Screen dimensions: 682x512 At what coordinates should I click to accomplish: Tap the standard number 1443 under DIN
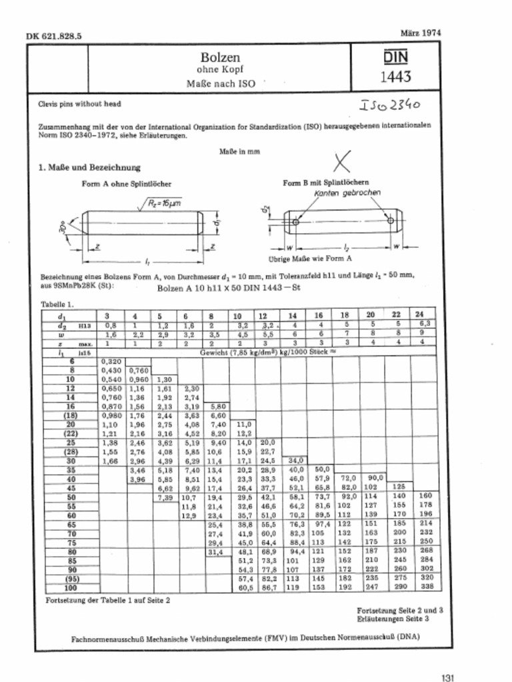[x=395, y=77]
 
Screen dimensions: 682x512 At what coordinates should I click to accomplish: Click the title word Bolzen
[x=220, y=58]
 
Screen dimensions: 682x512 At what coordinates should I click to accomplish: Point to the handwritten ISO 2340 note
[x=391, y=105]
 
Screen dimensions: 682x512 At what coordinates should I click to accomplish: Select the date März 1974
[x=420, y=32]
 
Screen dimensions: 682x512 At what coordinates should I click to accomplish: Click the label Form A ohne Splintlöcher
[x=127, y=183]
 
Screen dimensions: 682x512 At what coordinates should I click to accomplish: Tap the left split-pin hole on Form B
[x=294, y=221]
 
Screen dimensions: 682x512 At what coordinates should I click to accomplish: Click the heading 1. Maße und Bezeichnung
[x=89, y=167]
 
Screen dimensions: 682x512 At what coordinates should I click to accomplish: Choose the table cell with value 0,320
[x=110, y=360]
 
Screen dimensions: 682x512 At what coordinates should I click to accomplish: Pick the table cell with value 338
[x=424, y=588]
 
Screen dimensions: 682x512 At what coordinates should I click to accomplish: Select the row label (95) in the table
[x=69, y=579]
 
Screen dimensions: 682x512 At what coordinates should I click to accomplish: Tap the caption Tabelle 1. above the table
[x=58, y=304]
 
